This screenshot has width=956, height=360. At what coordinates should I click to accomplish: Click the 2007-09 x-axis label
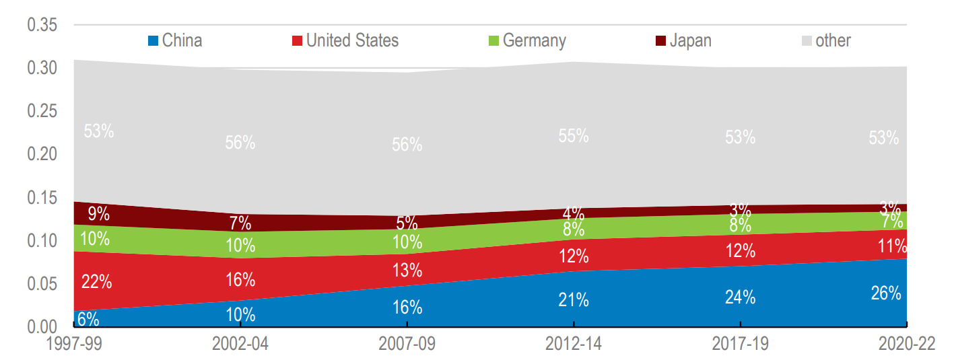407,344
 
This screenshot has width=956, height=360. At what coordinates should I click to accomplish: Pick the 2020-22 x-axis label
906,344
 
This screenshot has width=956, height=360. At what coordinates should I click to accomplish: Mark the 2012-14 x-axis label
574,344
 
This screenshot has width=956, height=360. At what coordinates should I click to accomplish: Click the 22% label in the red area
96,282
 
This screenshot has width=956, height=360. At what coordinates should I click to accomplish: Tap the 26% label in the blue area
885,293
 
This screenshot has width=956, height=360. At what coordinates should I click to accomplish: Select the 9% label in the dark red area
98,214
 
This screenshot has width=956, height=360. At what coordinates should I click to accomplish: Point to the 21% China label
574,300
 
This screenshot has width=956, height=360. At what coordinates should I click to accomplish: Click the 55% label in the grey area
574,135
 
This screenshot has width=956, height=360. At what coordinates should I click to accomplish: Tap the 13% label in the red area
407,271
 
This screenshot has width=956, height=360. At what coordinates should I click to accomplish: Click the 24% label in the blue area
740,297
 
